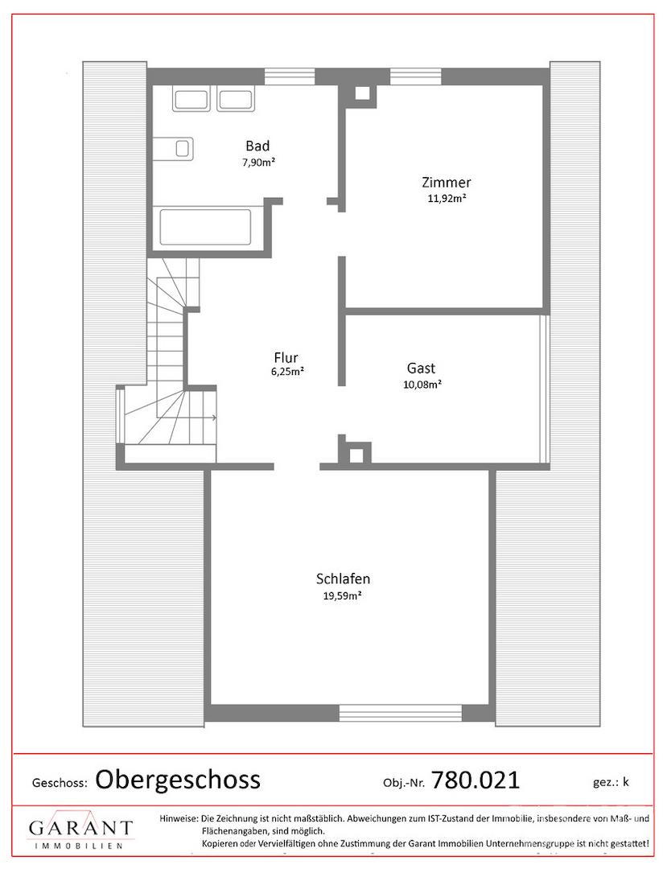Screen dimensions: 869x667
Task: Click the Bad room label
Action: (257, 146)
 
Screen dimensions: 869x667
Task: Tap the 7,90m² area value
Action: (257, 161)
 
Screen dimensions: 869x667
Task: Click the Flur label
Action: (286, 356)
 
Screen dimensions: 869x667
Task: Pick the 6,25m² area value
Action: (286, 372)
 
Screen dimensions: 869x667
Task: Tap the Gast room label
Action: (421, 368)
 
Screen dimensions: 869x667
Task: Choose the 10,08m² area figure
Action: (422, 384)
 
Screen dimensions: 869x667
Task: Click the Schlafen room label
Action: (343, 579)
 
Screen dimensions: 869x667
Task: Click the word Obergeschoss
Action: (178, 779)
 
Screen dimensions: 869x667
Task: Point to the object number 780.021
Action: (476, 779)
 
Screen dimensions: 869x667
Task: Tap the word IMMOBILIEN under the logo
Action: (80, 846)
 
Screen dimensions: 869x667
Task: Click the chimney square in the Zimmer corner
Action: (361, 93)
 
